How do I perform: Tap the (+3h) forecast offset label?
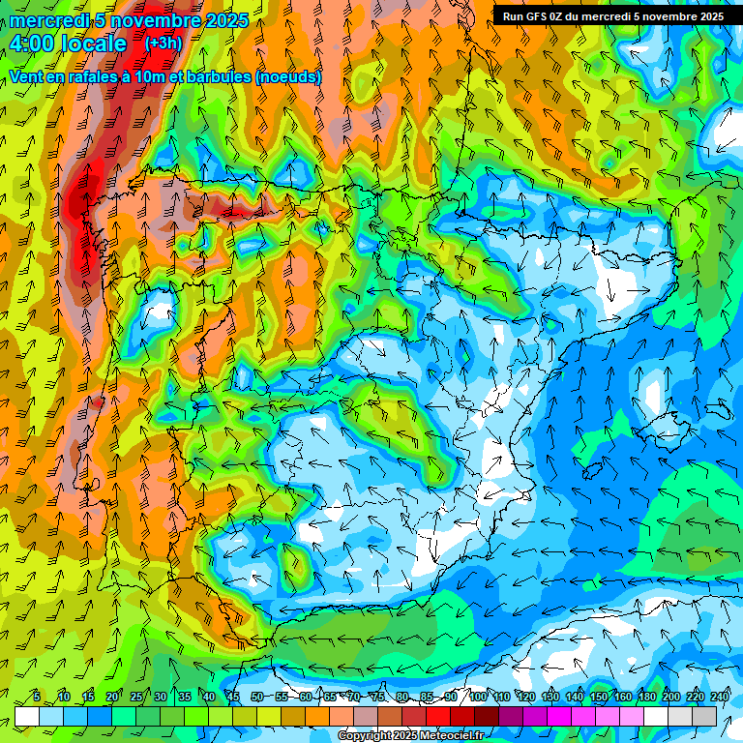pyautogui.click(x=163, y=44)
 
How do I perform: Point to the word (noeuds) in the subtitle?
pyautogui.click(x=288, y=76)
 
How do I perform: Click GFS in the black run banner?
pyautogui.click(x=540, y=16)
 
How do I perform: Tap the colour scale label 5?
pyautogui.click(x=37, y=698)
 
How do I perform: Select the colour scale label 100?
pyautogui.click(x=478, y=698)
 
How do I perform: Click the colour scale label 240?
pyautogui.click(x=720, y=698)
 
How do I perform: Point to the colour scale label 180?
pyautogui.click(x=647, y=698)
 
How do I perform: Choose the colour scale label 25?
pyautogui.click(x=136, y=698)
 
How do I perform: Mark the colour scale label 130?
pyautogui.click(x=550, y=698)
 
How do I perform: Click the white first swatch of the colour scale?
pyautogui.click(x=27, y=716)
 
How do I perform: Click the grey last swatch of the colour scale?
pyautogui.click(x=704, y=716)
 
